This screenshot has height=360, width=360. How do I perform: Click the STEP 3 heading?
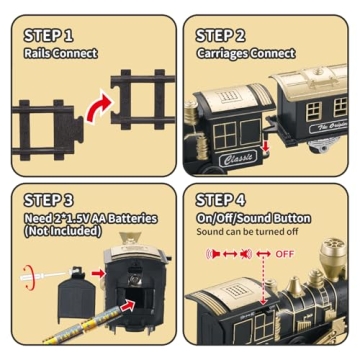click(x=49, y=198)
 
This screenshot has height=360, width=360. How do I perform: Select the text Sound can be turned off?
click(x=247, y=233)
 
